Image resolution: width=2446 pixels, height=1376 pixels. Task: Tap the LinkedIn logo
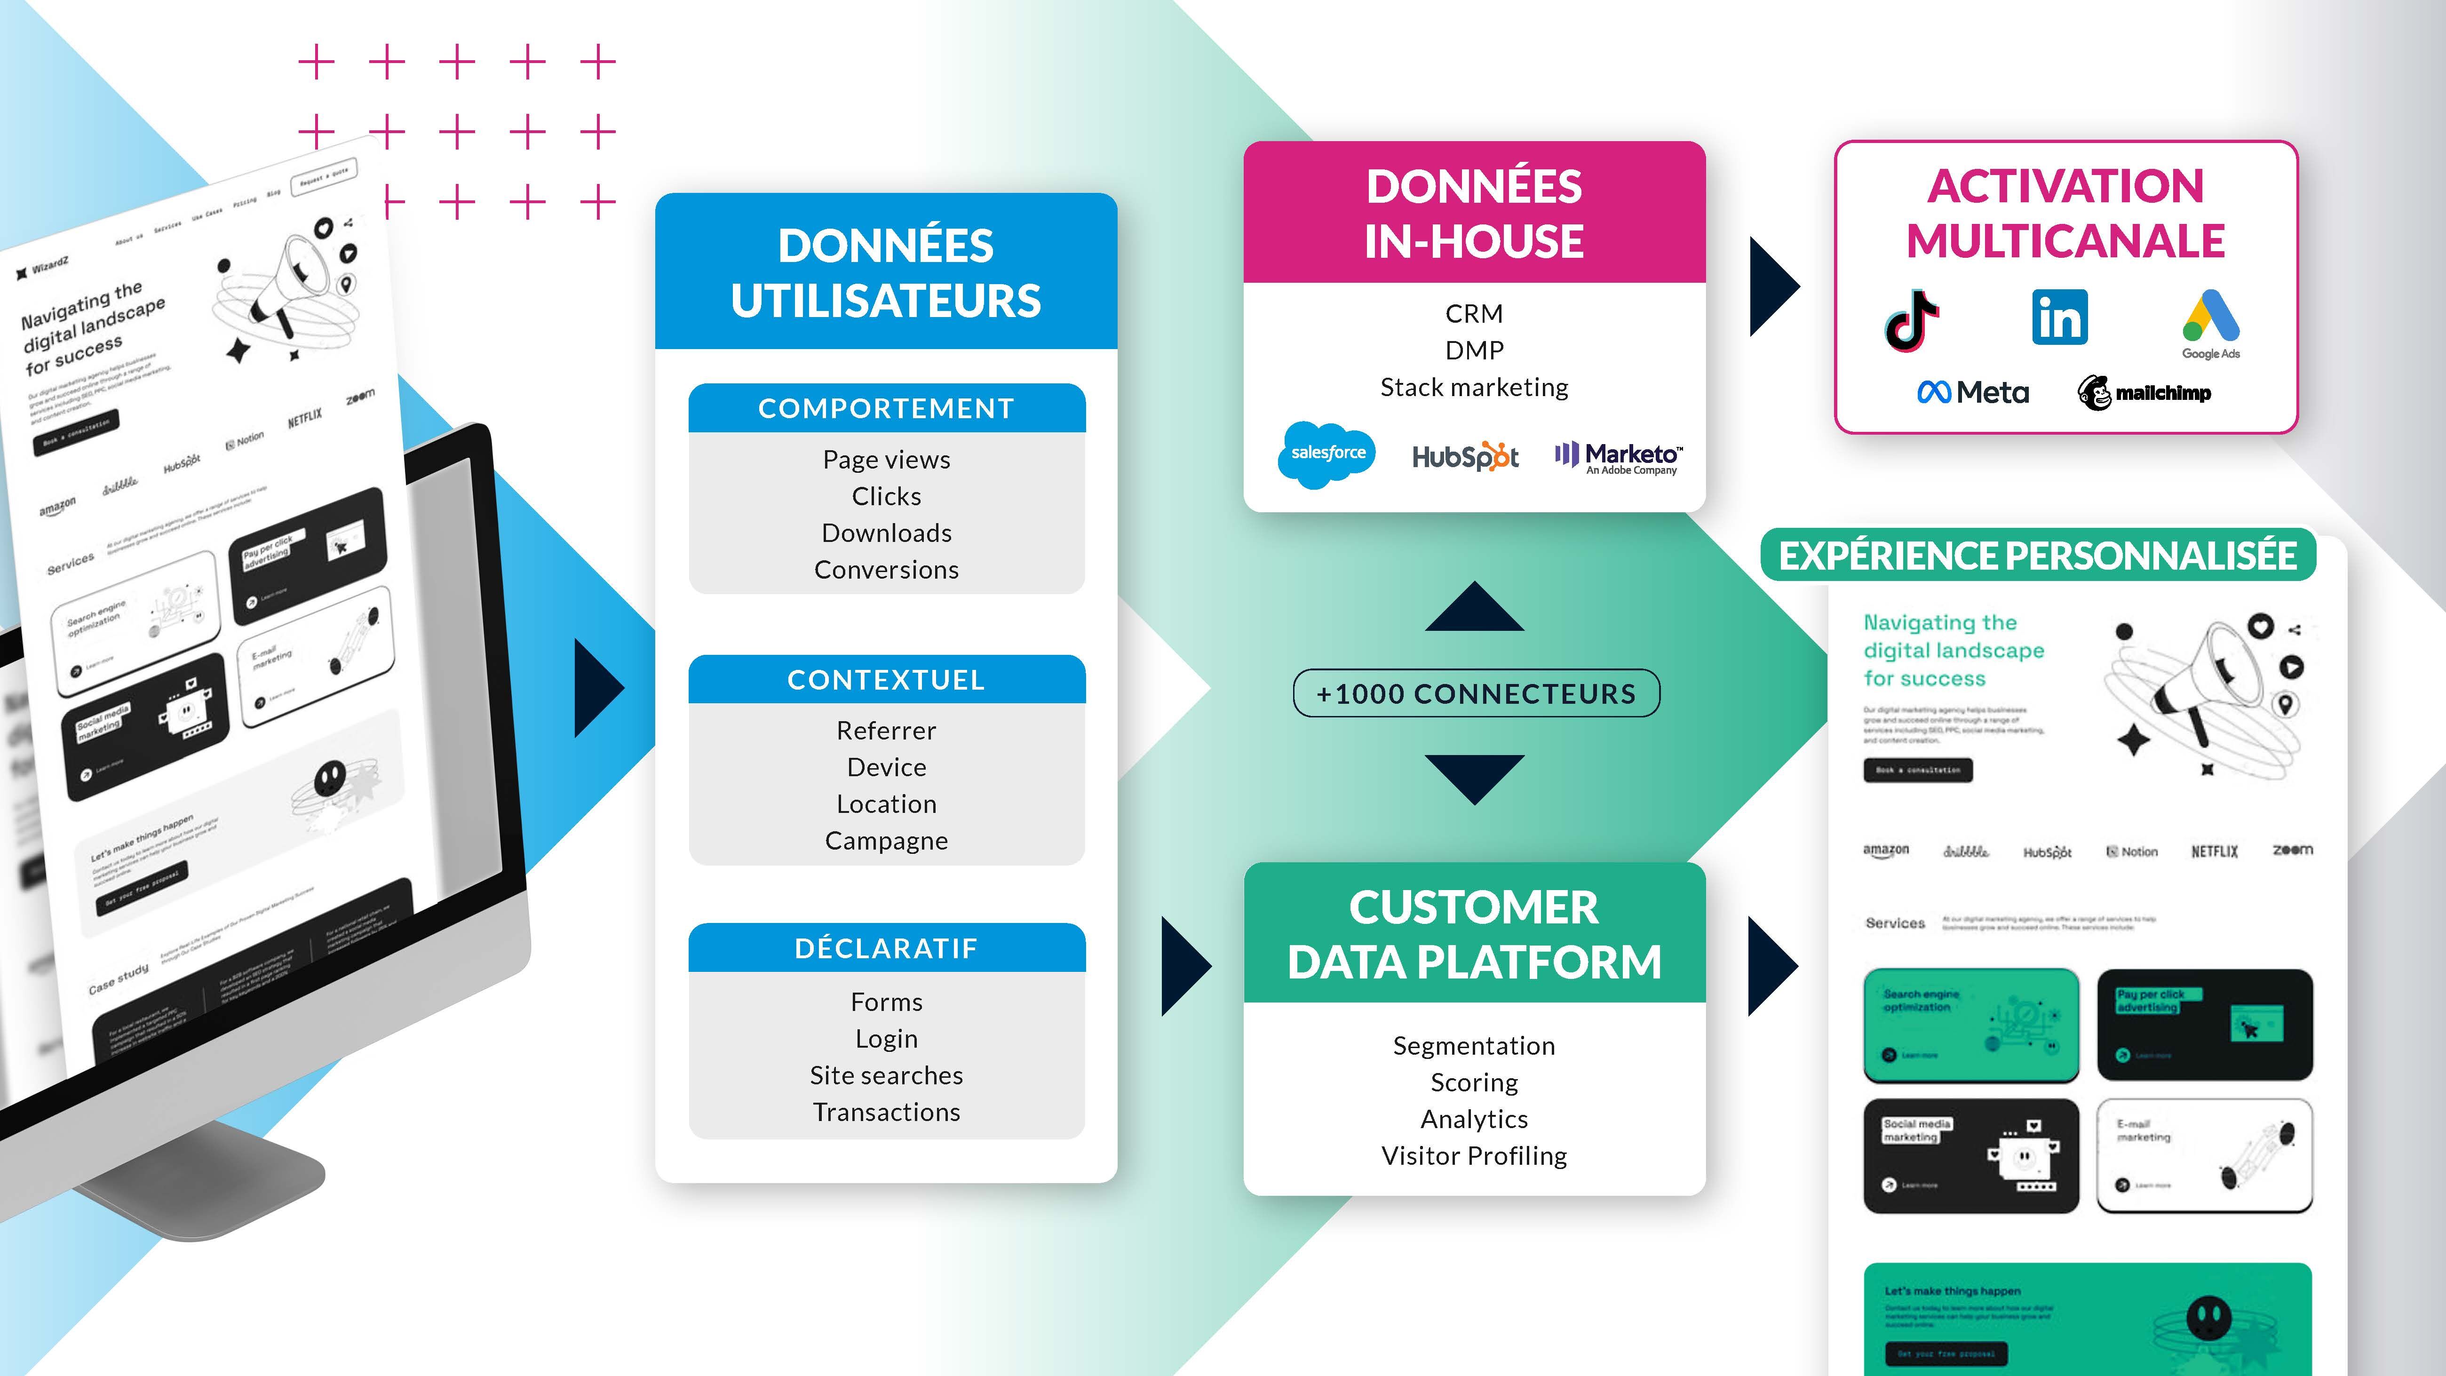point(2059,317)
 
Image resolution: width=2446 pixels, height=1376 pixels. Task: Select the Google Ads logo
point(2210,323)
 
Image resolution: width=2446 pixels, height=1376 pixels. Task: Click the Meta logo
point(1973,392)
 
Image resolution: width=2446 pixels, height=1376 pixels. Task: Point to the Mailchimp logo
point(2144,392)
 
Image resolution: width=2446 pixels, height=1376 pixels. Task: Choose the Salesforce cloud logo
point(1327,454)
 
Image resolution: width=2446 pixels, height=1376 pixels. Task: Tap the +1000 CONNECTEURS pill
point(1476,693)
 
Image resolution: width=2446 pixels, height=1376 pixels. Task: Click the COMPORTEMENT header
point(886,408)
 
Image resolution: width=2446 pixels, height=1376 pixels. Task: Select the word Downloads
point(886,533)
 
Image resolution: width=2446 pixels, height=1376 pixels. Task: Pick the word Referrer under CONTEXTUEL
point(886,730)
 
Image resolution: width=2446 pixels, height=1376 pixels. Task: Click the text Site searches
point(886,1075)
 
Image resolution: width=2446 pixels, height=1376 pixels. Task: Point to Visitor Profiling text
point(1474,1156)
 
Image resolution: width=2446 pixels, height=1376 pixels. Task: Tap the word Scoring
point(1474,1082)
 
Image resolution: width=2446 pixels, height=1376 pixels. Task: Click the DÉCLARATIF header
point(886,948)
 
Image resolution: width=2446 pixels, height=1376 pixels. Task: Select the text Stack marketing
point(1474,388)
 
